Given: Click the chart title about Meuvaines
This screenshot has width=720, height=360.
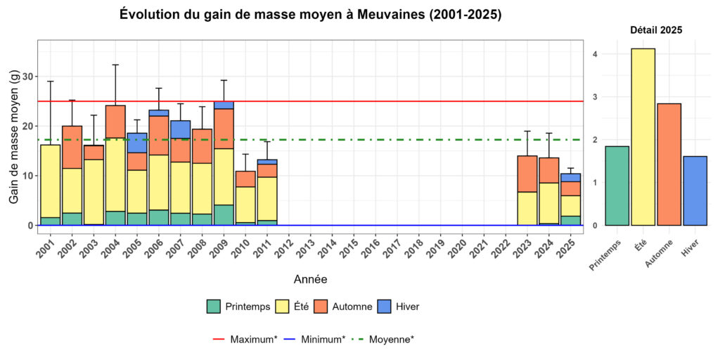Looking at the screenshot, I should pos(310,15).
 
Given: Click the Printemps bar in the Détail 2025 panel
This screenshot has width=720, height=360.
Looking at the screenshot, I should pos(617,186).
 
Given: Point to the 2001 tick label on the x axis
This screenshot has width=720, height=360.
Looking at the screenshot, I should pos(46,248).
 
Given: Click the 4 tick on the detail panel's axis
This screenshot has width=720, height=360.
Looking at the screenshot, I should pos(595,54).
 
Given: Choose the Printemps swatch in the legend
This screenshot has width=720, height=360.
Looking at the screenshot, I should pos(214,307).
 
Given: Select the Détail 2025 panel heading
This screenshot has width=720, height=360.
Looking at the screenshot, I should pos(655,30).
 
